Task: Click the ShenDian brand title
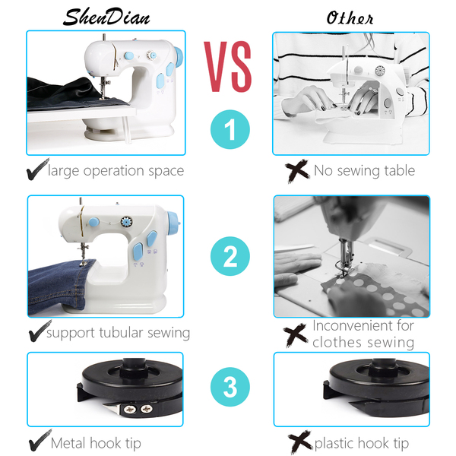tap(106, 17)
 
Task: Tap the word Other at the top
tap(350, 18)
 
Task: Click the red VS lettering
tap(228, 67)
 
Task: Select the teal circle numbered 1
tap(230, 129)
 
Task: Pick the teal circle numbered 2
tap(230, 256)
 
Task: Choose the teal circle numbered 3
tap(230, 387)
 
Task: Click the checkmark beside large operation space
tap(37, 169)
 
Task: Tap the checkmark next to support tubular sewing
tap(40, 331)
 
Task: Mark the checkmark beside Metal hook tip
tap(40, 440)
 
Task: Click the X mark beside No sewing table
tap(297, 171)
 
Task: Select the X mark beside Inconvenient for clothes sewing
tap(296, 334)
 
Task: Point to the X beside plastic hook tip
tap(300, 442)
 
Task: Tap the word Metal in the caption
tap(68, 443)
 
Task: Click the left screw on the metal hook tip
tap(129, 410)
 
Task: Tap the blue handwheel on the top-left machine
tap(179, 57)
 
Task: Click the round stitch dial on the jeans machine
tap(126, 222)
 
